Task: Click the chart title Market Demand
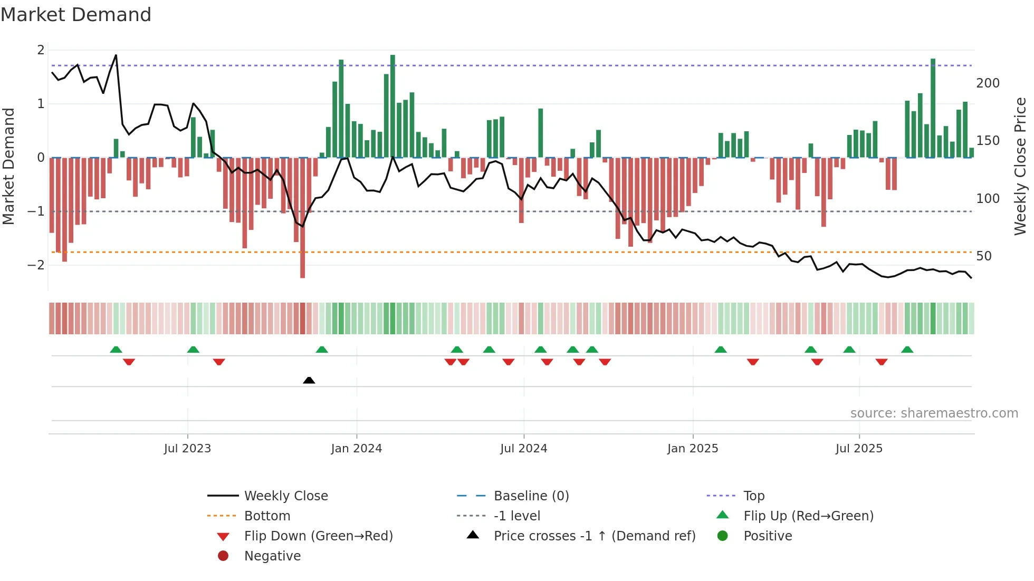[x=76, y=15]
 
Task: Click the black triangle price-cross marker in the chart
[x=309, y=380]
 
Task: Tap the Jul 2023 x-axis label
[x=187, y=449]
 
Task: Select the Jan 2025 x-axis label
[x=693, y=449]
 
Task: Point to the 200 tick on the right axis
[x=988, y=83]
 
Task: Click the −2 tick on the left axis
[x=36, y=265]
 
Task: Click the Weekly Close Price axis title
[x=1020, y=166]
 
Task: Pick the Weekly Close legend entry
[x=286, y=496]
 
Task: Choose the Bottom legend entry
[x=267, y=516]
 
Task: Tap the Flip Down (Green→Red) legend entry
[x=318, y=536]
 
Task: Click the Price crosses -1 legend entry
[x=595, y=536]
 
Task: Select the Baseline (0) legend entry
[x=531, y=496]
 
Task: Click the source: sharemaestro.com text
[x=934, y=413]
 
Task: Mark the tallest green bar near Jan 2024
[x=392, y=105]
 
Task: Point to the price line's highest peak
[x=116, y=55]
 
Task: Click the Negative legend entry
[x=272, y=556]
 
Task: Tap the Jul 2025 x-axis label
[x=859, y=449]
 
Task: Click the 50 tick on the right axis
[x=984, y=256]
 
